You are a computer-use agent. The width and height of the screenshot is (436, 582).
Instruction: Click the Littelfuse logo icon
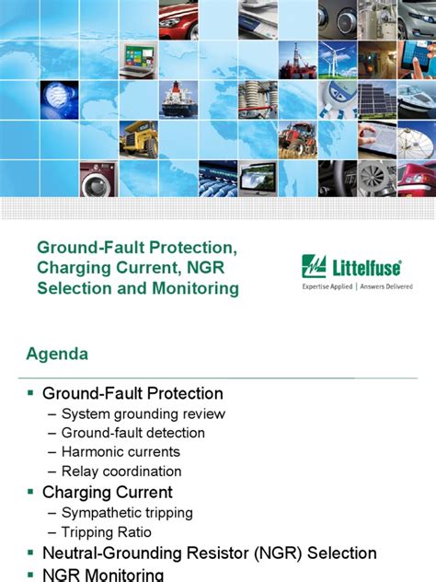pos(314,267)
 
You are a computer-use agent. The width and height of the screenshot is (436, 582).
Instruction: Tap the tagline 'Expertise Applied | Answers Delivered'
pos(358,286)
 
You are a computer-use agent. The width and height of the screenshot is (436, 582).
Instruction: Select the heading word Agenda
pos(57,354)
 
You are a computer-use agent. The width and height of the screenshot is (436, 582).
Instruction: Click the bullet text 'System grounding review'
pos(143,413)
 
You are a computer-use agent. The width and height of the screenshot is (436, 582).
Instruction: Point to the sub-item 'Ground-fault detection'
pos(132,433)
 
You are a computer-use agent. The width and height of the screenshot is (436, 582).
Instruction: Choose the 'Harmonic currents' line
pos(120,452)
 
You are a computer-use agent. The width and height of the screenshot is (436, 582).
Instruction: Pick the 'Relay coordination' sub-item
pos(120,471)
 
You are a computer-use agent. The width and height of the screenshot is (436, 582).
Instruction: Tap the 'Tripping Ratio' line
pos(106,531)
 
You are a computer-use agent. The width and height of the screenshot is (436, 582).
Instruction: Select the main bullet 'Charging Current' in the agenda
pos(107,492)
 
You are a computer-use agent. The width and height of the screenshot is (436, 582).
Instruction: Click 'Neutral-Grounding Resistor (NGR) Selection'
pos(210,553)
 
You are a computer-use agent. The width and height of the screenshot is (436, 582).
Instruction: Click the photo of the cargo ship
pos(178,99)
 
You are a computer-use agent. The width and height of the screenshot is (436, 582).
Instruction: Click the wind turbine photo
pos(337,59)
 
